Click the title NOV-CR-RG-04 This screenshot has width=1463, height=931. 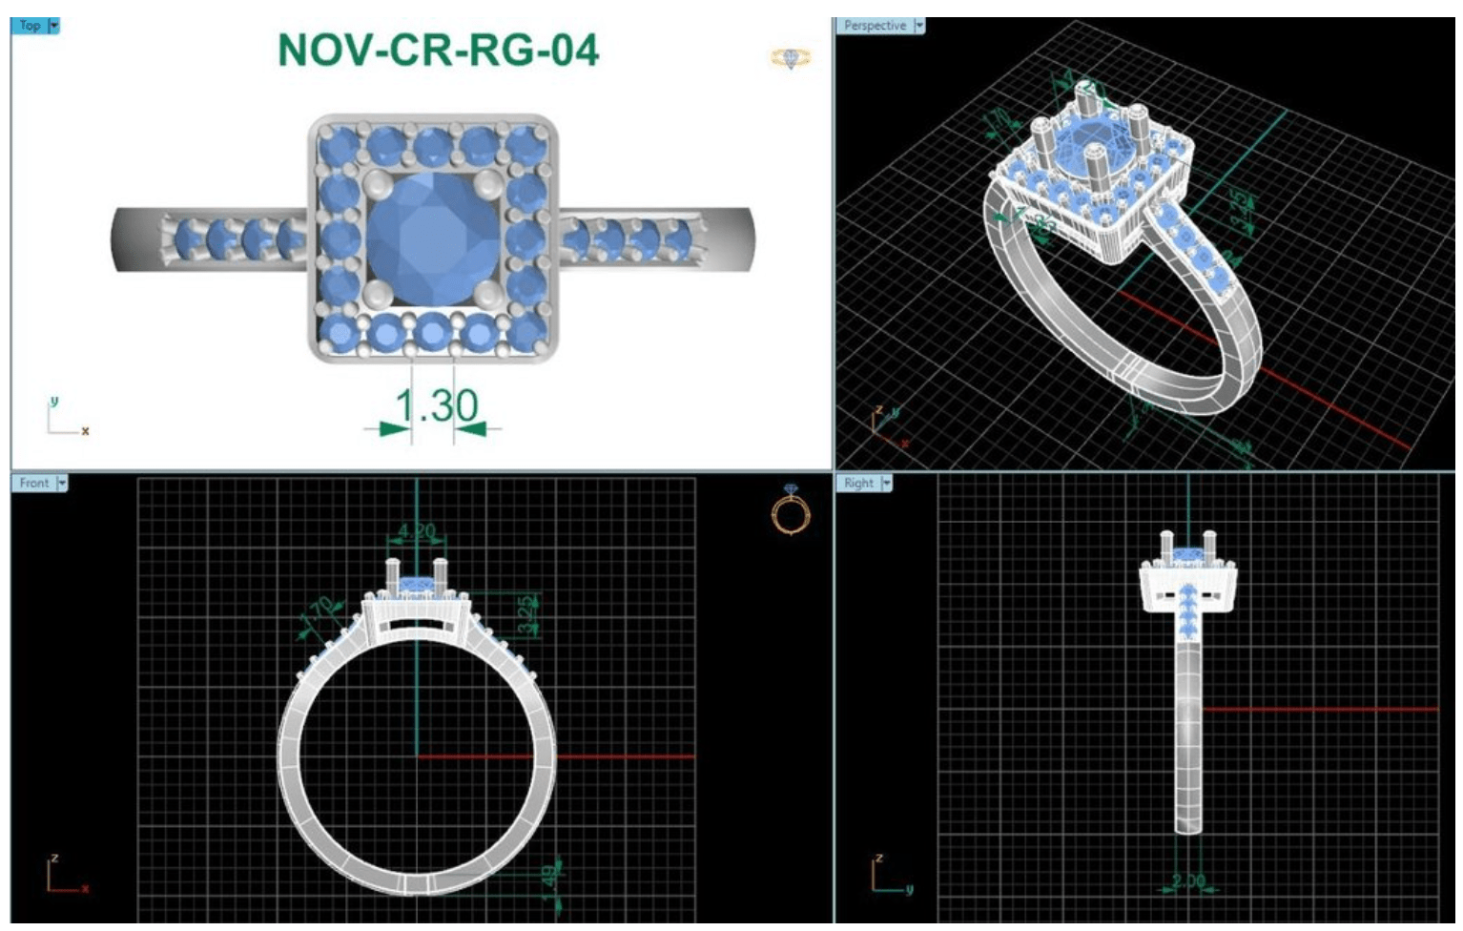(x=438, y=51)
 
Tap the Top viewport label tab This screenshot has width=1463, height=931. (x=30, y=26)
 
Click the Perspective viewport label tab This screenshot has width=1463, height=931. (x=874, y=26)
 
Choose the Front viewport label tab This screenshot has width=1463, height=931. (x=33, y=483)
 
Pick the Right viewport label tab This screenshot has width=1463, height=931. (x=858, y=483)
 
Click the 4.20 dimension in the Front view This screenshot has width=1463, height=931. (x=416, y=531)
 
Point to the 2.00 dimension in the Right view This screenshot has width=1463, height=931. (x=1188, y=880)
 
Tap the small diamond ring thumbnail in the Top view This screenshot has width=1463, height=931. (x=791, y=59)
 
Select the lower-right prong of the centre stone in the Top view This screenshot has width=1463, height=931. (x=488, y=293)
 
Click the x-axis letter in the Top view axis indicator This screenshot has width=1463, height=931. (x=85, y=431)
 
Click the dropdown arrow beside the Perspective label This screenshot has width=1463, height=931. (x=919, y=26)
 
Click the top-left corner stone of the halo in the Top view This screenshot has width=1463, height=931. (x=336, y=145)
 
